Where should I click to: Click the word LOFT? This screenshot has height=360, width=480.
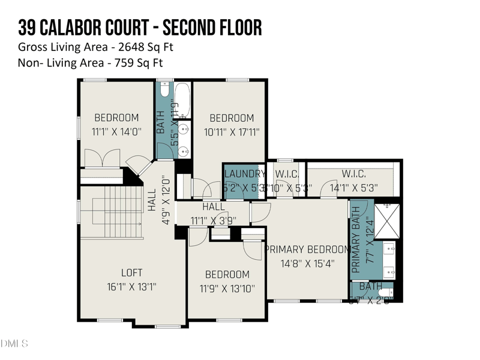click(x=131, y=273)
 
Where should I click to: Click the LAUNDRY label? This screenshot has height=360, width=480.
click(x=244, y=174)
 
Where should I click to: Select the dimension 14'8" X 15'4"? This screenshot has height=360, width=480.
click(x=307, y=263)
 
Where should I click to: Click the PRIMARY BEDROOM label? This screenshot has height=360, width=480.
click(x=307, y=249)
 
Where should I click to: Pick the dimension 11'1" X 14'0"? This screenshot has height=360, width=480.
click(x=116, y=132)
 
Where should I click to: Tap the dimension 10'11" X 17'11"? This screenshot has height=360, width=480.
click(x=232, y=132)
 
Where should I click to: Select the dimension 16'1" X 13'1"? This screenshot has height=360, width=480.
click(x=131, y=287)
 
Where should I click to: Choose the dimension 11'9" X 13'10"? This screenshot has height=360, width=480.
click(x=227, y=289)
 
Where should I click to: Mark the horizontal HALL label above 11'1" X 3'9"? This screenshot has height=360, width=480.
click(x=213, y=206)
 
